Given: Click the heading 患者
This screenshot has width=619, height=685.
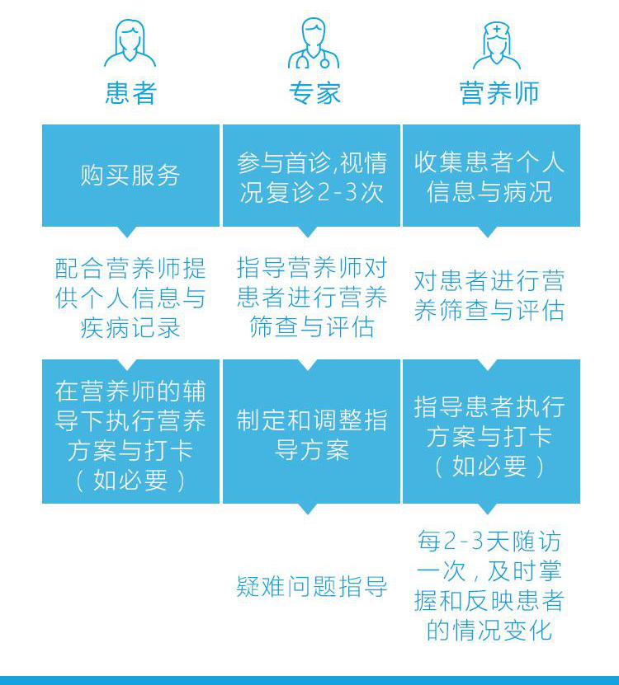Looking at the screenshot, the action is (x=130, y=93).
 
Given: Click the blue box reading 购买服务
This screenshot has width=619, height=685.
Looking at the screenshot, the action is (x=130, y=175).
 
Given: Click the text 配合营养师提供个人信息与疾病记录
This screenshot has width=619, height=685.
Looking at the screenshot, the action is (x=130, y=298).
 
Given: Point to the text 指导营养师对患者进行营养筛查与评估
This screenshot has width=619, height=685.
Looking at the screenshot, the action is (x=311, y=298).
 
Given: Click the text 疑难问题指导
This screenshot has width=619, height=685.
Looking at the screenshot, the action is (x=311, y=587).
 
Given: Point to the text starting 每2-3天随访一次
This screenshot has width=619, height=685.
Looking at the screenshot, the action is (x=489, y=586).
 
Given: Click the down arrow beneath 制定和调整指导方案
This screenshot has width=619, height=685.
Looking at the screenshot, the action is (x=308, y=509).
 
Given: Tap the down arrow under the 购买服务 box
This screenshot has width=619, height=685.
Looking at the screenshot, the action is (x=130, y=232).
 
